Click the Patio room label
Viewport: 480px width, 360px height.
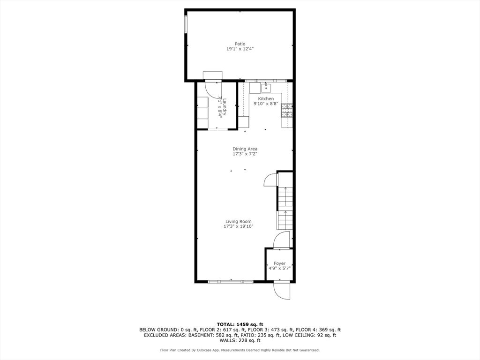[x=240, y=44]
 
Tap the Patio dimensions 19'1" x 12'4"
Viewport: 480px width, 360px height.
[x=240, y=49]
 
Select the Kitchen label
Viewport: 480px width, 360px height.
[x=266, y=98]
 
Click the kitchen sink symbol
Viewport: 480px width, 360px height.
[x=266, y=88]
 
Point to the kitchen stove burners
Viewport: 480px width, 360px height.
[x=287, y=111]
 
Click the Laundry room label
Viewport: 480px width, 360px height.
[x=225, y=107]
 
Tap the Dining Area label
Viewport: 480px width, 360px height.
[x=245, y=149]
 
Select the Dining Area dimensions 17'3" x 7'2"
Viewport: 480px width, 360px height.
[x=245, y=154]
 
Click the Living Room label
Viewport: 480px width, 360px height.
[x=239, y=221]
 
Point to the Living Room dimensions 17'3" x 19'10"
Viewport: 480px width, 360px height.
[x=239, y=226]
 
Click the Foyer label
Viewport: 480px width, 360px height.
[x=279, y=263]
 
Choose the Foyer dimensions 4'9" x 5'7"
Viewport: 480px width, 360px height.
[x=279, y=269]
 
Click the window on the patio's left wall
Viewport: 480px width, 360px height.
[x=186, y=24]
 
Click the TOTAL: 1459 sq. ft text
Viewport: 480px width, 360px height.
[x=240, y=324]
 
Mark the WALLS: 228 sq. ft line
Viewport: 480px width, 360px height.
[x=240, y=340]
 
